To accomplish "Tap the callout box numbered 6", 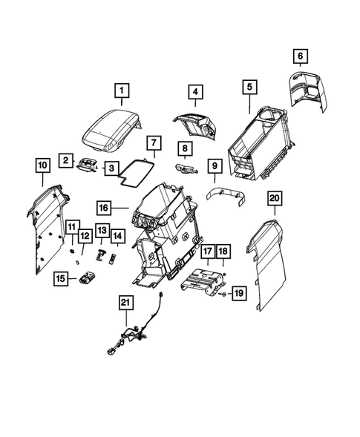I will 300,56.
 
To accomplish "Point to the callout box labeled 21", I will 127,302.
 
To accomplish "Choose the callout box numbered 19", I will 238,294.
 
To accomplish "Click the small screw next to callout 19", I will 220,295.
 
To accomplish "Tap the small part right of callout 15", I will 89,279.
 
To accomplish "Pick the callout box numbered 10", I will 42,163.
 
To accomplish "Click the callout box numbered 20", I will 274,199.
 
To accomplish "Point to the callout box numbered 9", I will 214,167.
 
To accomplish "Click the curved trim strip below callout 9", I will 226,194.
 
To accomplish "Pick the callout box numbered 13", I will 102,231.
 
